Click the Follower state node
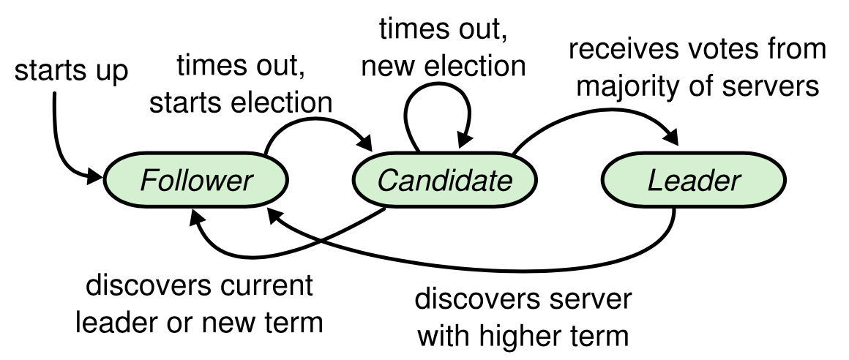pos(196,180)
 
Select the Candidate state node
pos(444,180)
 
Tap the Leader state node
pos(694,180)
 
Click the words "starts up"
pos(71,71)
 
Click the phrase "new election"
pos(444,66)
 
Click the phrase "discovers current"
pos(200,285)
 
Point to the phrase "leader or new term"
pos(199,322)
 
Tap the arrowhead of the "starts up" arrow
pos(94,176)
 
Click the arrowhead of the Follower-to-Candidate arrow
pos(364,142)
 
